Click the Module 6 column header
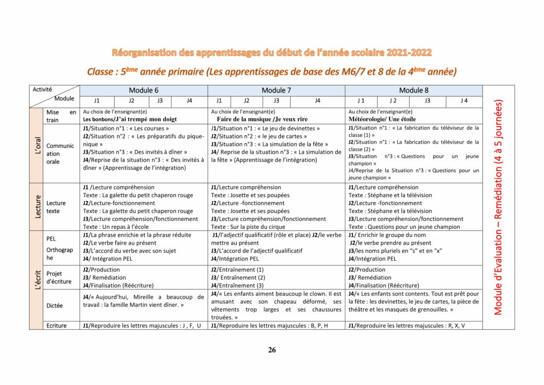pyautogui.click(x=143, y=90)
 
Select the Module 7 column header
pyautogui.click(x=276, y=90)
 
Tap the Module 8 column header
pyautogui.click(x=414, y=90)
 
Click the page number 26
pyautogui.click(x=272, y=350)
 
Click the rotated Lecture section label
pyautogui.click(x=37, y=207)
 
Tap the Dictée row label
pyautogui.click(x=54, y=306)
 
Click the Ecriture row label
pyautogui.click(x=56, y=325)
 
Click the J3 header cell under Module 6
pyautogui.click(x=160, y=101)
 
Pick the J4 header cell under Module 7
pyautogui.click(x=317, y=101)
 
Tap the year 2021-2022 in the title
pyautogui.click(x=402, y=53)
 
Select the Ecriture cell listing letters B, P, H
pyautogui.click(x=269, y=325)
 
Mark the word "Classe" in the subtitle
pyautogui.click(x=103, y=71)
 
